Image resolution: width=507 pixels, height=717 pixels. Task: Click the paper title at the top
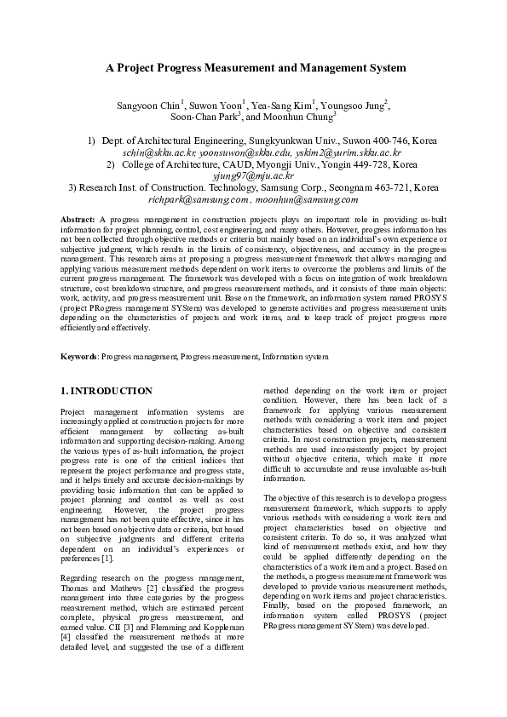pyautogui.click(x=255, y=67)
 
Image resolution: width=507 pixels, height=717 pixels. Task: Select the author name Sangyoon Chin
pyautogui.click(x=147, y=105)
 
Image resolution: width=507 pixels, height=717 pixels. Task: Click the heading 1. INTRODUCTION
pyautogui.click(x=107, y=391)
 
